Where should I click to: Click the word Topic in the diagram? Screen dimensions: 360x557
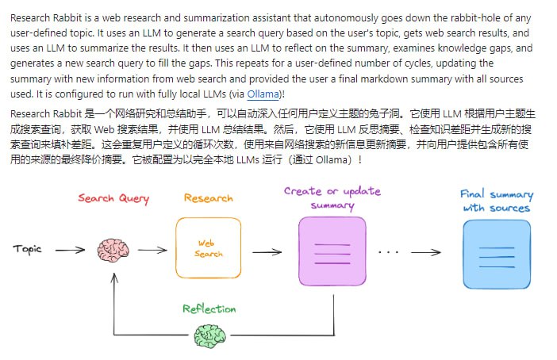click(x=27, y=250)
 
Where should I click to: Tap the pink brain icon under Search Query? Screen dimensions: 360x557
click(x=113, y=251)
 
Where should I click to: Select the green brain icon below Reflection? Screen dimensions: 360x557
click(x=209, y=338)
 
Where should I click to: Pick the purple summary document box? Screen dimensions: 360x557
click(x=332, y=251)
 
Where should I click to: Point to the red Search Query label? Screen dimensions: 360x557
click(x=113, y=198)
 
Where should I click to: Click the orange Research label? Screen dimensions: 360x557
click(x=208, y=198)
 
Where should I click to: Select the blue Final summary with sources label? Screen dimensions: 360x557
click(x=497, y=201)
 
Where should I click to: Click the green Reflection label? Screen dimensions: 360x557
click(x=209, y=308)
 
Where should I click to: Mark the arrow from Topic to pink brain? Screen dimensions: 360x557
click(x=69, y=250)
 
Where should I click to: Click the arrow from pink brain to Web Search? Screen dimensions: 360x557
click(x=153, y=250)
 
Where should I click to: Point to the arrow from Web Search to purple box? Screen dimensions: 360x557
click(x=267, y=252)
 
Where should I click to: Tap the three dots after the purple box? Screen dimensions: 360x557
click(x=389, y=252)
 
